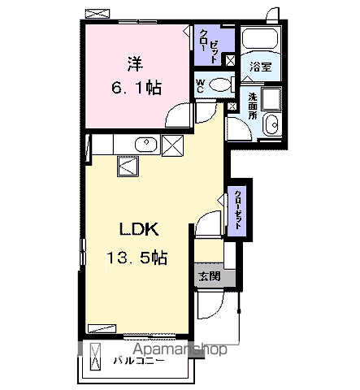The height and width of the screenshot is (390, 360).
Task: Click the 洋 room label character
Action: [136, 64]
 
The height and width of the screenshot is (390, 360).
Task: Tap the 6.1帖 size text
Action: [137, 87]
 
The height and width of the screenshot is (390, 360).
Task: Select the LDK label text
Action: [139, 229]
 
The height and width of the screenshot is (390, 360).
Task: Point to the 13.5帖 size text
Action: [137, 258]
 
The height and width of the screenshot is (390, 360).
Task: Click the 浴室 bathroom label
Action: [261, 67]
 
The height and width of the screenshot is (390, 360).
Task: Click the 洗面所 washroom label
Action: [253, 106]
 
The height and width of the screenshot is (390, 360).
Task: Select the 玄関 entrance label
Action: [210, 276]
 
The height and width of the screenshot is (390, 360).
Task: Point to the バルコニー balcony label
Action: [139, 361]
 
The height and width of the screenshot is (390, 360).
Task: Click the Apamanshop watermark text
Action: [180, 349]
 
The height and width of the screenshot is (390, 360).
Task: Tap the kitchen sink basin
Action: [146, 145]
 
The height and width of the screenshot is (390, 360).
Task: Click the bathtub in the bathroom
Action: [260, 38]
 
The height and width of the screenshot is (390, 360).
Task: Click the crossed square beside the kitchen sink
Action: [172, 145]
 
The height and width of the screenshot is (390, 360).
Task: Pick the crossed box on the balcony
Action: [95, 357]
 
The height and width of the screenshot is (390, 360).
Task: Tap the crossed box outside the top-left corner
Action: [98, 14]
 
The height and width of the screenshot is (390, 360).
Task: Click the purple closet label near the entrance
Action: [238, 210]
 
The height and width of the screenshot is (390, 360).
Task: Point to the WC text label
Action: [200, 85]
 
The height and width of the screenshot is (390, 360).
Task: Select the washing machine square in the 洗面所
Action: [271, 99]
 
